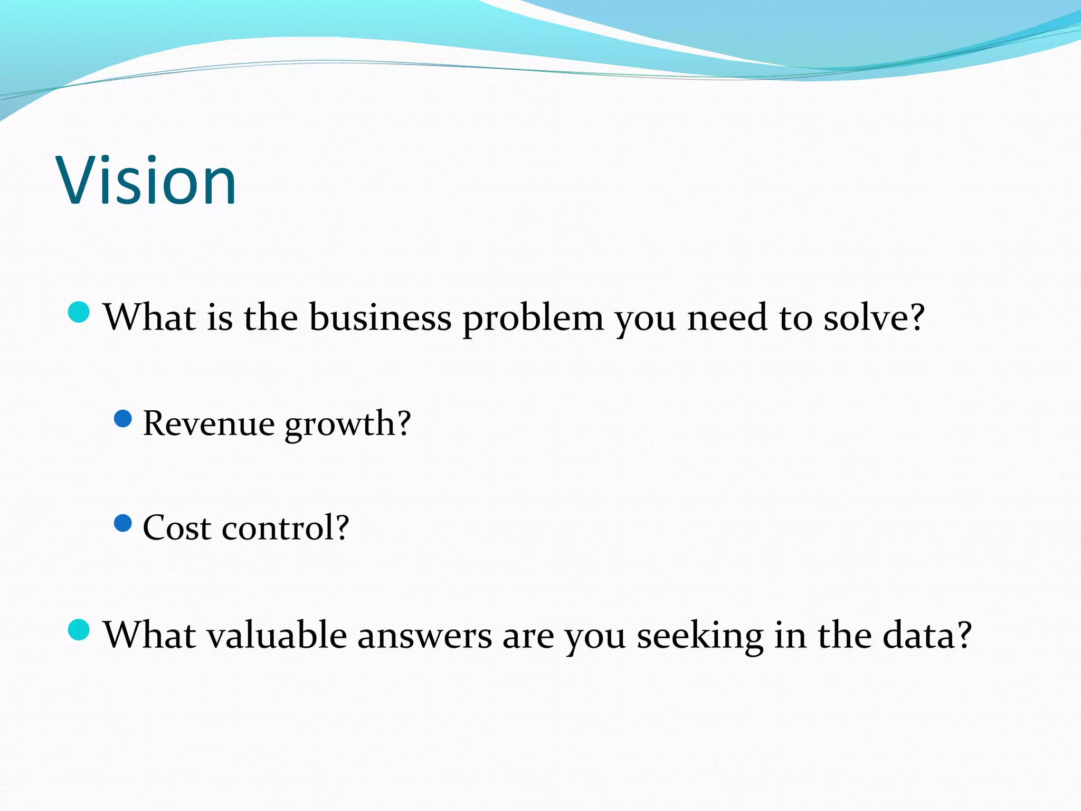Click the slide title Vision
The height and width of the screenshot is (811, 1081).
[x=147, y=181]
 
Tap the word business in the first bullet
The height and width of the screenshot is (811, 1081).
[x=380, y=318]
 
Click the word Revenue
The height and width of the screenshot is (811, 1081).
[x=209, y=423]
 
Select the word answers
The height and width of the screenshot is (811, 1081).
[x=424, y=636]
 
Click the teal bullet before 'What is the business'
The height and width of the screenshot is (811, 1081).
[x=79, y=312]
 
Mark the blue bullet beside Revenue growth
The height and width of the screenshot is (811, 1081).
[x=123, y=419]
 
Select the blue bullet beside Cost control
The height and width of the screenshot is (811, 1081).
[x=123, y=524]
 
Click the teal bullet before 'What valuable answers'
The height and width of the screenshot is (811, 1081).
[x=79, y=630]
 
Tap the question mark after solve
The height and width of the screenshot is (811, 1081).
[x=914, y=318]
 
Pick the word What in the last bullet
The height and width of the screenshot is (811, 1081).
[x=150, y=635]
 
